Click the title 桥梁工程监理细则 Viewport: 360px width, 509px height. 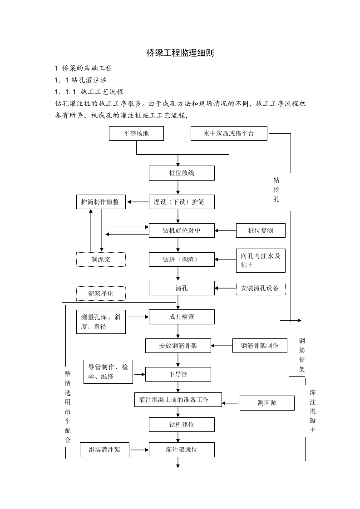180,53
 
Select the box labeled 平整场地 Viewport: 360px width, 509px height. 136,134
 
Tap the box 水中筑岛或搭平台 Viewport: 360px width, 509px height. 229,134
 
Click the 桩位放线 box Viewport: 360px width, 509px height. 182,173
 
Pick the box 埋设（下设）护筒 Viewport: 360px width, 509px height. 182,202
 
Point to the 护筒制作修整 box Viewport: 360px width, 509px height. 100,202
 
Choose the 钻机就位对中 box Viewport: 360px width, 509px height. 182,230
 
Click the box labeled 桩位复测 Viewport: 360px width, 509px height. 261,230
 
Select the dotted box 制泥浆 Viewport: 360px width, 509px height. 101,259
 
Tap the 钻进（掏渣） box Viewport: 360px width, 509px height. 182,259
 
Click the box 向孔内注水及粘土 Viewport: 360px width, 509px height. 261,260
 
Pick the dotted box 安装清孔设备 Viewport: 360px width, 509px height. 261,288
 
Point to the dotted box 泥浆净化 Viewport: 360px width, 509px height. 101,294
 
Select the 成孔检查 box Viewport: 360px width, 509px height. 182,317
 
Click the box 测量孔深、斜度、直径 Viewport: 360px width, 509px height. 101,322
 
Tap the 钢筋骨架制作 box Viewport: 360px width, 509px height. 260,346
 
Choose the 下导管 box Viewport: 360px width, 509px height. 178,374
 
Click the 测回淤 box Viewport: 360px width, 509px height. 267,403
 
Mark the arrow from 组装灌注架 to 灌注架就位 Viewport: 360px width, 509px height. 139,450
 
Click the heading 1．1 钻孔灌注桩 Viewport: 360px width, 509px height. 81,80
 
